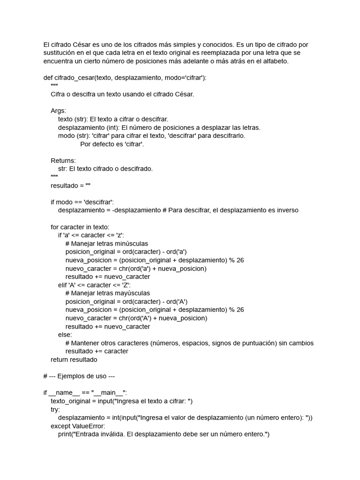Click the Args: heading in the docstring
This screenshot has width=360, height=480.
pyautogui.click(x=59, y=111)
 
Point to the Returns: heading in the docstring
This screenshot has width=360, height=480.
pyautogui.click(x=63, y=160)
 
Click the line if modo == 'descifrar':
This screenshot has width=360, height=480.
pyautogui.click(x=82, y=202)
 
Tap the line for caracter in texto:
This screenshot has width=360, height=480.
pyautogui.click(x=80, y=227)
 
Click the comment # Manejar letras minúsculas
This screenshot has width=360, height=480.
pyautogui.click(x=107, y=244)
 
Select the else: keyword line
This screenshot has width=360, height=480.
pyautogui.click(x=65, y=335)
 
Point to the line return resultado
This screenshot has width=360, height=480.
pyautogui.click(x=74, y=360)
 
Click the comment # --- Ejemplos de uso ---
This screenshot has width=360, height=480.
pyautogui.click(x=79, y=376)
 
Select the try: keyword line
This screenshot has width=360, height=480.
pyautogui.click(x=55, y=409)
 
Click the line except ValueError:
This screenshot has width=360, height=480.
pyautogui.click(x=78, y=426)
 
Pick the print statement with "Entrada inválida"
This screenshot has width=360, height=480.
pyautogui.click(x=164, y=434)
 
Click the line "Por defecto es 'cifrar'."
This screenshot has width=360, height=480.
pyautogui.click(x=112, y=144)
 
